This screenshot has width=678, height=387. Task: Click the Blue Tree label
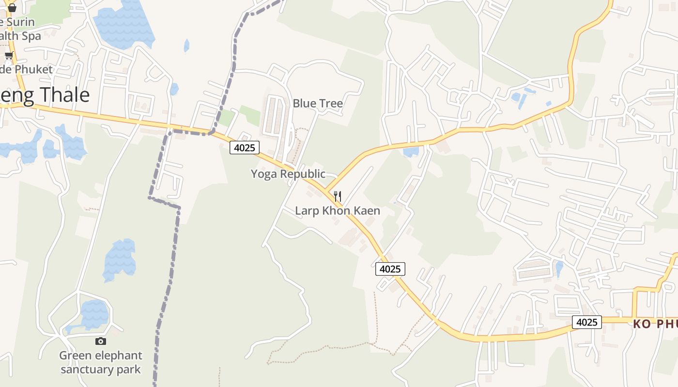tap(318, 104)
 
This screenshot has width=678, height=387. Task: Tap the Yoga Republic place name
tap(288, 174)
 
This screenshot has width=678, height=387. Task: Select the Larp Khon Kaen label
tap(338, 211)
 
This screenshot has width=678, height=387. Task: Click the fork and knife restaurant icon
tap(338, 196)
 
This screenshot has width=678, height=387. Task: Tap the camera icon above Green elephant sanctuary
tap(101, 342)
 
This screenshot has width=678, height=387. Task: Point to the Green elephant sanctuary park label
tap(101, 362)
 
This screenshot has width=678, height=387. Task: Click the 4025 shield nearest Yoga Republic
tap(245, 148)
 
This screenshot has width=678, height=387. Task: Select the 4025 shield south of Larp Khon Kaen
tap(390, 269)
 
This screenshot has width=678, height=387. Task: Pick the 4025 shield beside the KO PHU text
tap(586, 322)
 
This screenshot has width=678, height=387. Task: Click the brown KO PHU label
tap(655, 324)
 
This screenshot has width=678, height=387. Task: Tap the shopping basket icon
tap(12, 7)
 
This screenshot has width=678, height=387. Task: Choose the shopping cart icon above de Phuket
tap(9, 56)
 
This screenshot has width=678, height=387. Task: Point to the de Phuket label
tap(26, 70)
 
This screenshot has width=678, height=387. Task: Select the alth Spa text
tap(20, 36)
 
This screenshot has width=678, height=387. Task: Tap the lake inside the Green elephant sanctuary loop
tap(94, 313)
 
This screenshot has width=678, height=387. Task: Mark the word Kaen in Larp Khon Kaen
tap(366, 211)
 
